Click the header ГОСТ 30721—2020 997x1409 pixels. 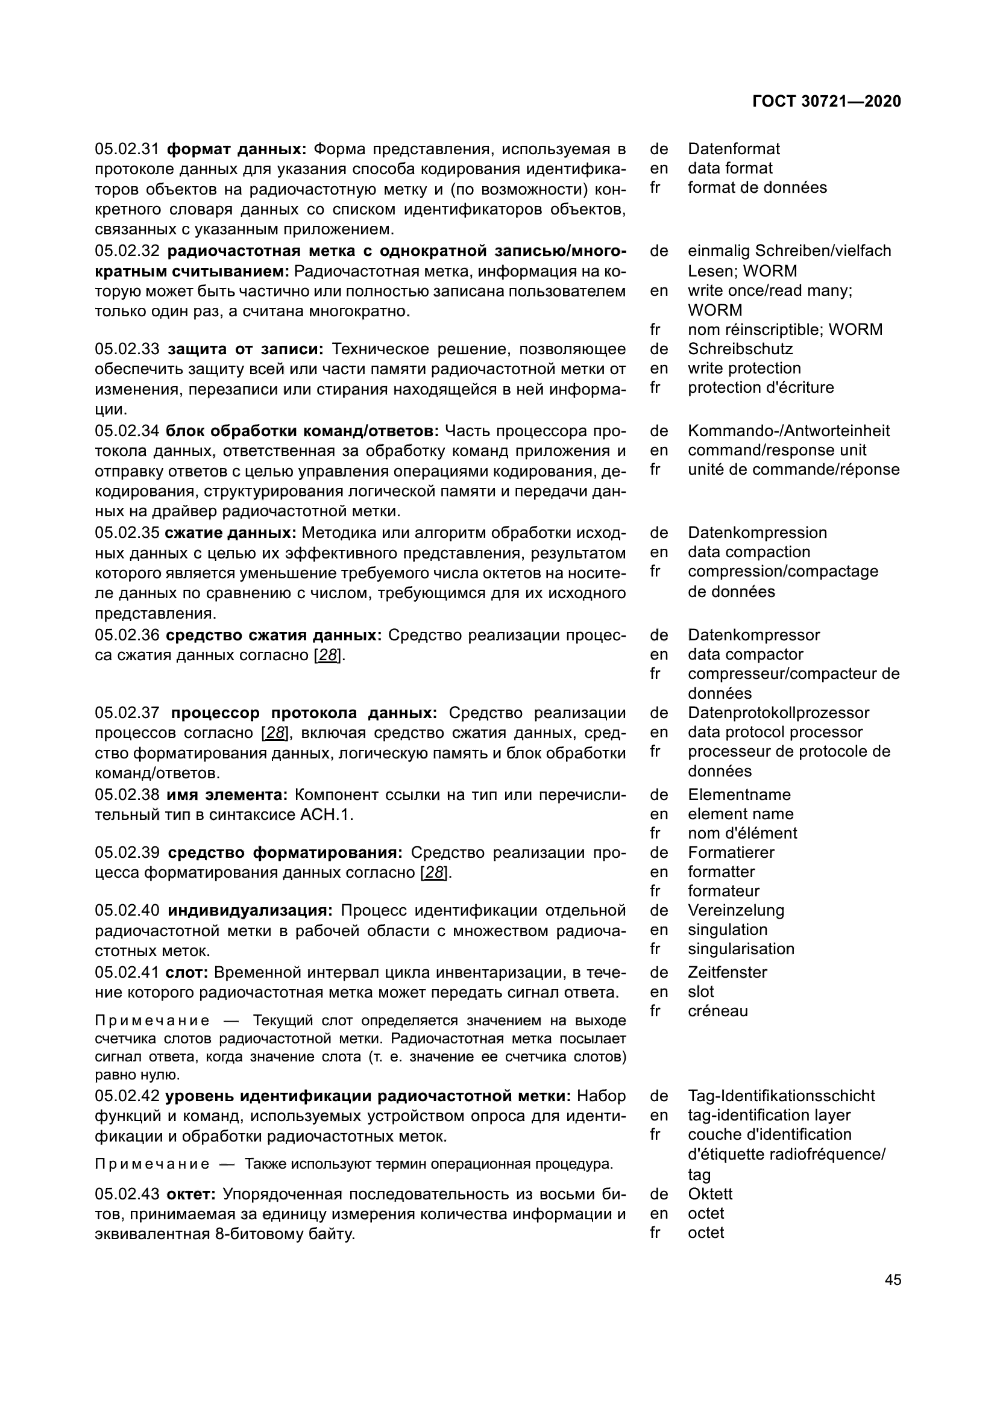(x=826, y=101)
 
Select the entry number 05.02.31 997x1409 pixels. (x=127, y=149)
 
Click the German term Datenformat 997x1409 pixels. (x=734, y=149)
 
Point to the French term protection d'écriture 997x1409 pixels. (x=761, y=388)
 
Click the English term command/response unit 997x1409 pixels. (x=776, y=451)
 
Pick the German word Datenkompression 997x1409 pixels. (x=757, y=533)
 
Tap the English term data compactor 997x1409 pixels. (x=745, y=655)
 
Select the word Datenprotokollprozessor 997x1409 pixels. (x=778, y=713)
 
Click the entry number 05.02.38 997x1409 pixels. (x=127, y=795)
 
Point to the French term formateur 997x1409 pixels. (x=723, y=891)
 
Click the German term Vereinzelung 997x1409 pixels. (x=736, y=911)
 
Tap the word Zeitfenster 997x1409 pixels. (x=728, y=973)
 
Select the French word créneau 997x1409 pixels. (x=718, y=1011)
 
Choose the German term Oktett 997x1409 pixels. (x=710, y=1194)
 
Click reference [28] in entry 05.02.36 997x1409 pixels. (x=327, y=655)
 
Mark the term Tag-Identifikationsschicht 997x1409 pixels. (x=781, y=1096)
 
